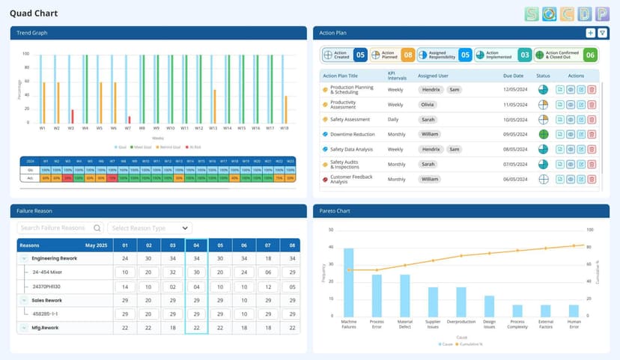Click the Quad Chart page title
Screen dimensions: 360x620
34,13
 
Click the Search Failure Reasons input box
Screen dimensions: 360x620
60,228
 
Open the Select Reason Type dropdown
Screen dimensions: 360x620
149,228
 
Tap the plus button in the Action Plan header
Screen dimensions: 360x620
590,33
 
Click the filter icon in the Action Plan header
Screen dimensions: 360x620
602,33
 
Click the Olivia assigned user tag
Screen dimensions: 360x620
428,105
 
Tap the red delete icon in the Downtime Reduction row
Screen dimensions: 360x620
592,135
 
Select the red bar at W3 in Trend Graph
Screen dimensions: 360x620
73,116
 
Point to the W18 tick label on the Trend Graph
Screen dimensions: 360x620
285,128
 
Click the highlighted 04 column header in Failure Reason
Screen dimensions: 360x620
196,245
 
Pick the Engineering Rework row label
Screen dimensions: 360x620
54,258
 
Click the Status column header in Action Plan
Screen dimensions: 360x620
543,76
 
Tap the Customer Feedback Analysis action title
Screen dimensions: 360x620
351,179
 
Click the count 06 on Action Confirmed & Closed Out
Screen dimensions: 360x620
589,55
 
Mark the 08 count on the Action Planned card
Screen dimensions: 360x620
407,55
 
